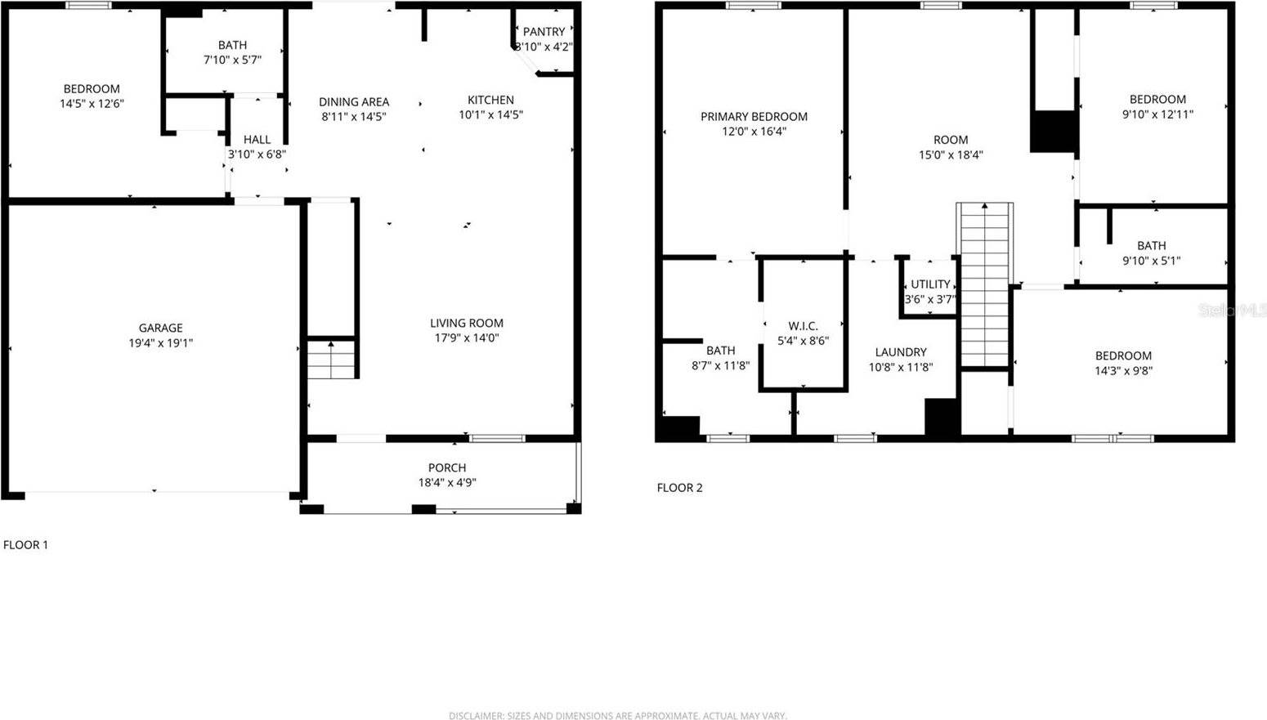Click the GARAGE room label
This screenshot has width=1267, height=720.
[160, 329]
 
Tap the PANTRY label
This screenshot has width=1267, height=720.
[544, 32]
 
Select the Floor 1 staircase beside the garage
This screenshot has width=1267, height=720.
[331, 360]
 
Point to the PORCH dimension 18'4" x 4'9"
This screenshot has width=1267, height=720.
[447, 482]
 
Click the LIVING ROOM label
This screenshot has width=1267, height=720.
[467, 323]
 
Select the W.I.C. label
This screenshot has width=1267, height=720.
[803, 326]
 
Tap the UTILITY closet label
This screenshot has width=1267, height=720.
[930, 284]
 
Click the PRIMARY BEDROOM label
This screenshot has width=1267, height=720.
[754, 117]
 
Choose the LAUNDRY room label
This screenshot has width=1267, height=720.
[901, 352]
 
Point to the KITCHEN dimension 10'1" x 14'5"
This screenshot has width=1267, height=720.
[490, 115]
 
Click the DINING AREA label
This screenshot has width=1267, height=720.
[354, 102]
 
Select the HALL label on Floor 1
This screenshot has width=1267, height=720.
[257, 140]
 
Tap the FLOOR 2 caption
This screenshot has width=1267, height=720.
[679, 488]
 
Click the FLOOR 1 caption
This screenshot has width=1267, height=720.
[25, 544]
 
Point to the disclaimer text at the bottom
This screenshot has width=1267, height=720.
[617, 715]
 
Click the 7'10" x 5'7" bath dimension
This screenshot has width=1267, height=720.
[232, 60]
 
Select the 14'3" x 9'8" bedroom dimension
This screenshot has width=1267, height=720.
[1123, 370]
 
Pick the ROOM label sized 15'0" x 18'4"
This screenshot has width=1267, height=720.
[951, 140]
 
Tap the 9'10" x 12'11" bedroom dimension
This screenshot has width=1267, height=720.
[1157, 114]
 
